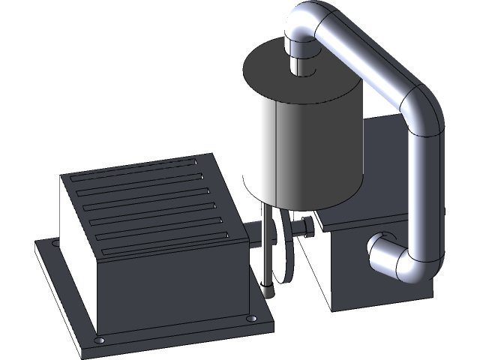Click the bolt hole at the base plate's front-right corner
point(250,321)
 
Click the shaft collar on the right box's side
point(306,226)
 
